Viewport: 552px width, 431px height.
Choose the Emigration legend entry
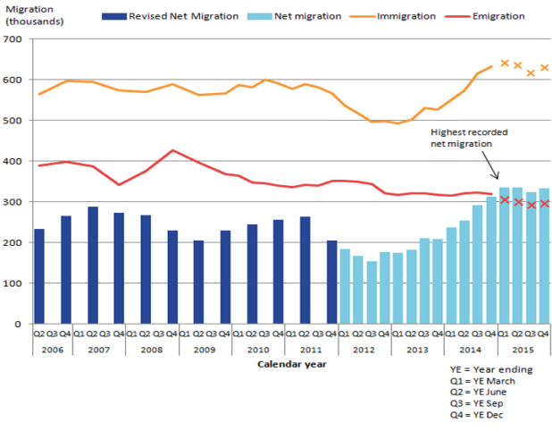498,16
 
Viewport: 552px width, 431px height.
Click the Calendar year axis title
291,364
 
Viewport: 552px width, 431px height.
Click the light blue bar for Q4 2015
543,256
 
